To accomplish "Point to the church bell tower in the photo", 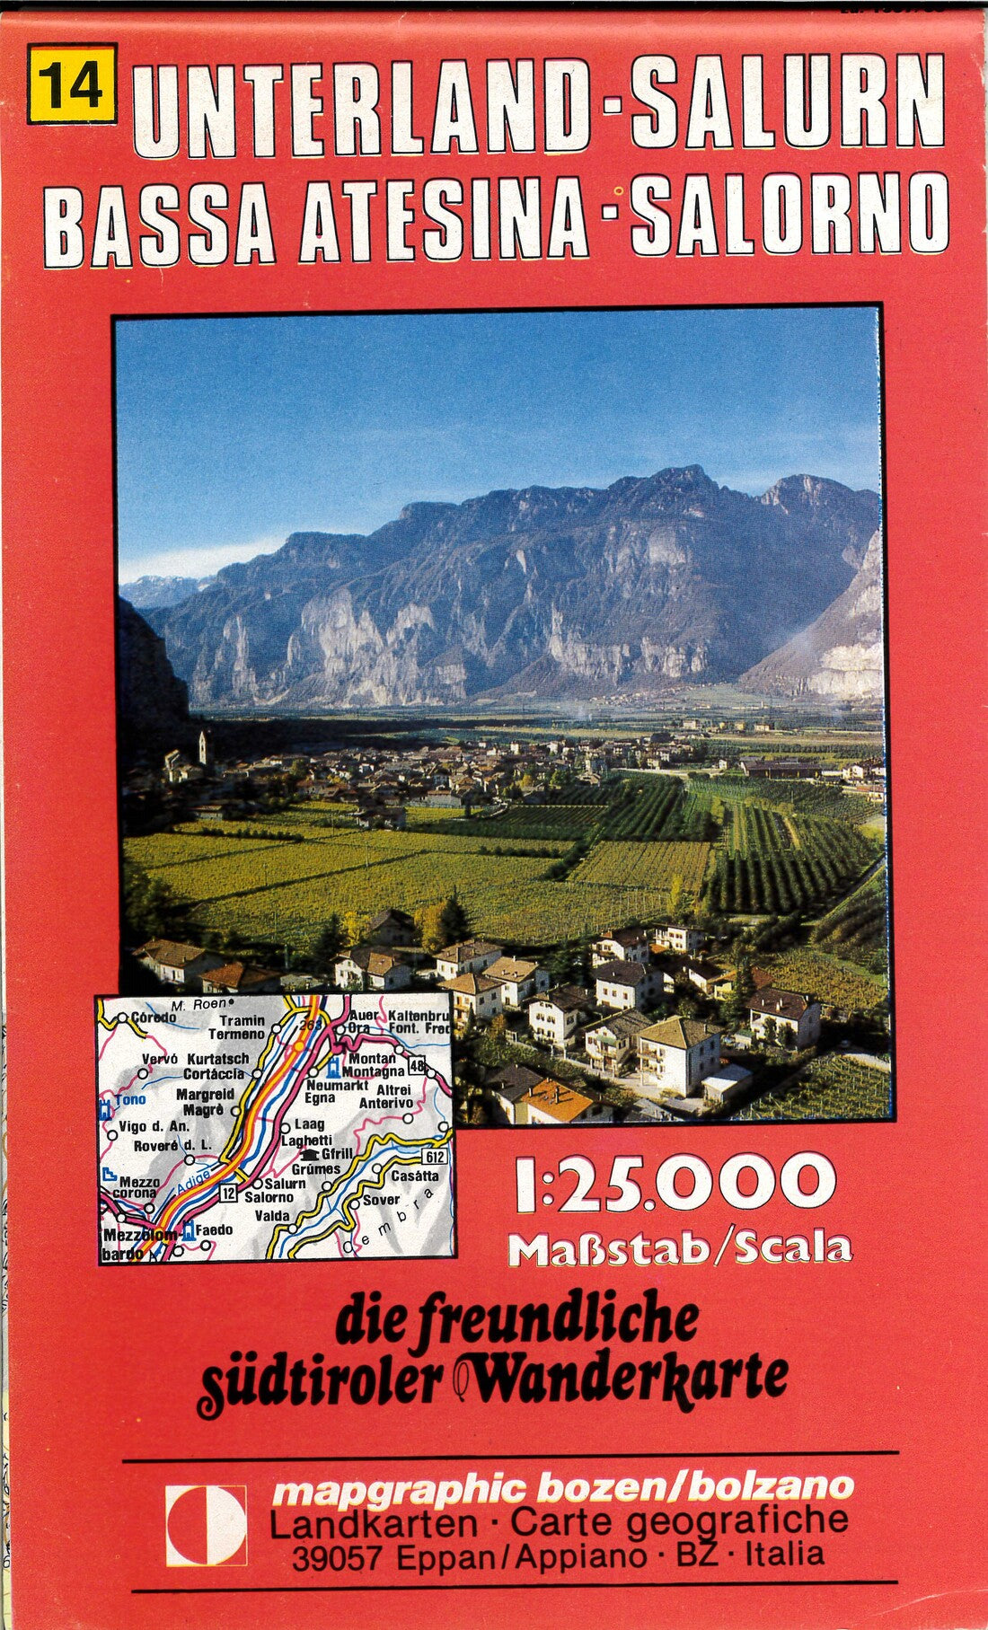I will point(203,747).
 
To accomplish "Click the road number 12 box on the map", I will point(228,1193).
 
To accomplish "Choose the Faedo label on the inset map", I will point(213,1229).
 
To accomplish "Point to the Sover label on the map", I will point(380,1200).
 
